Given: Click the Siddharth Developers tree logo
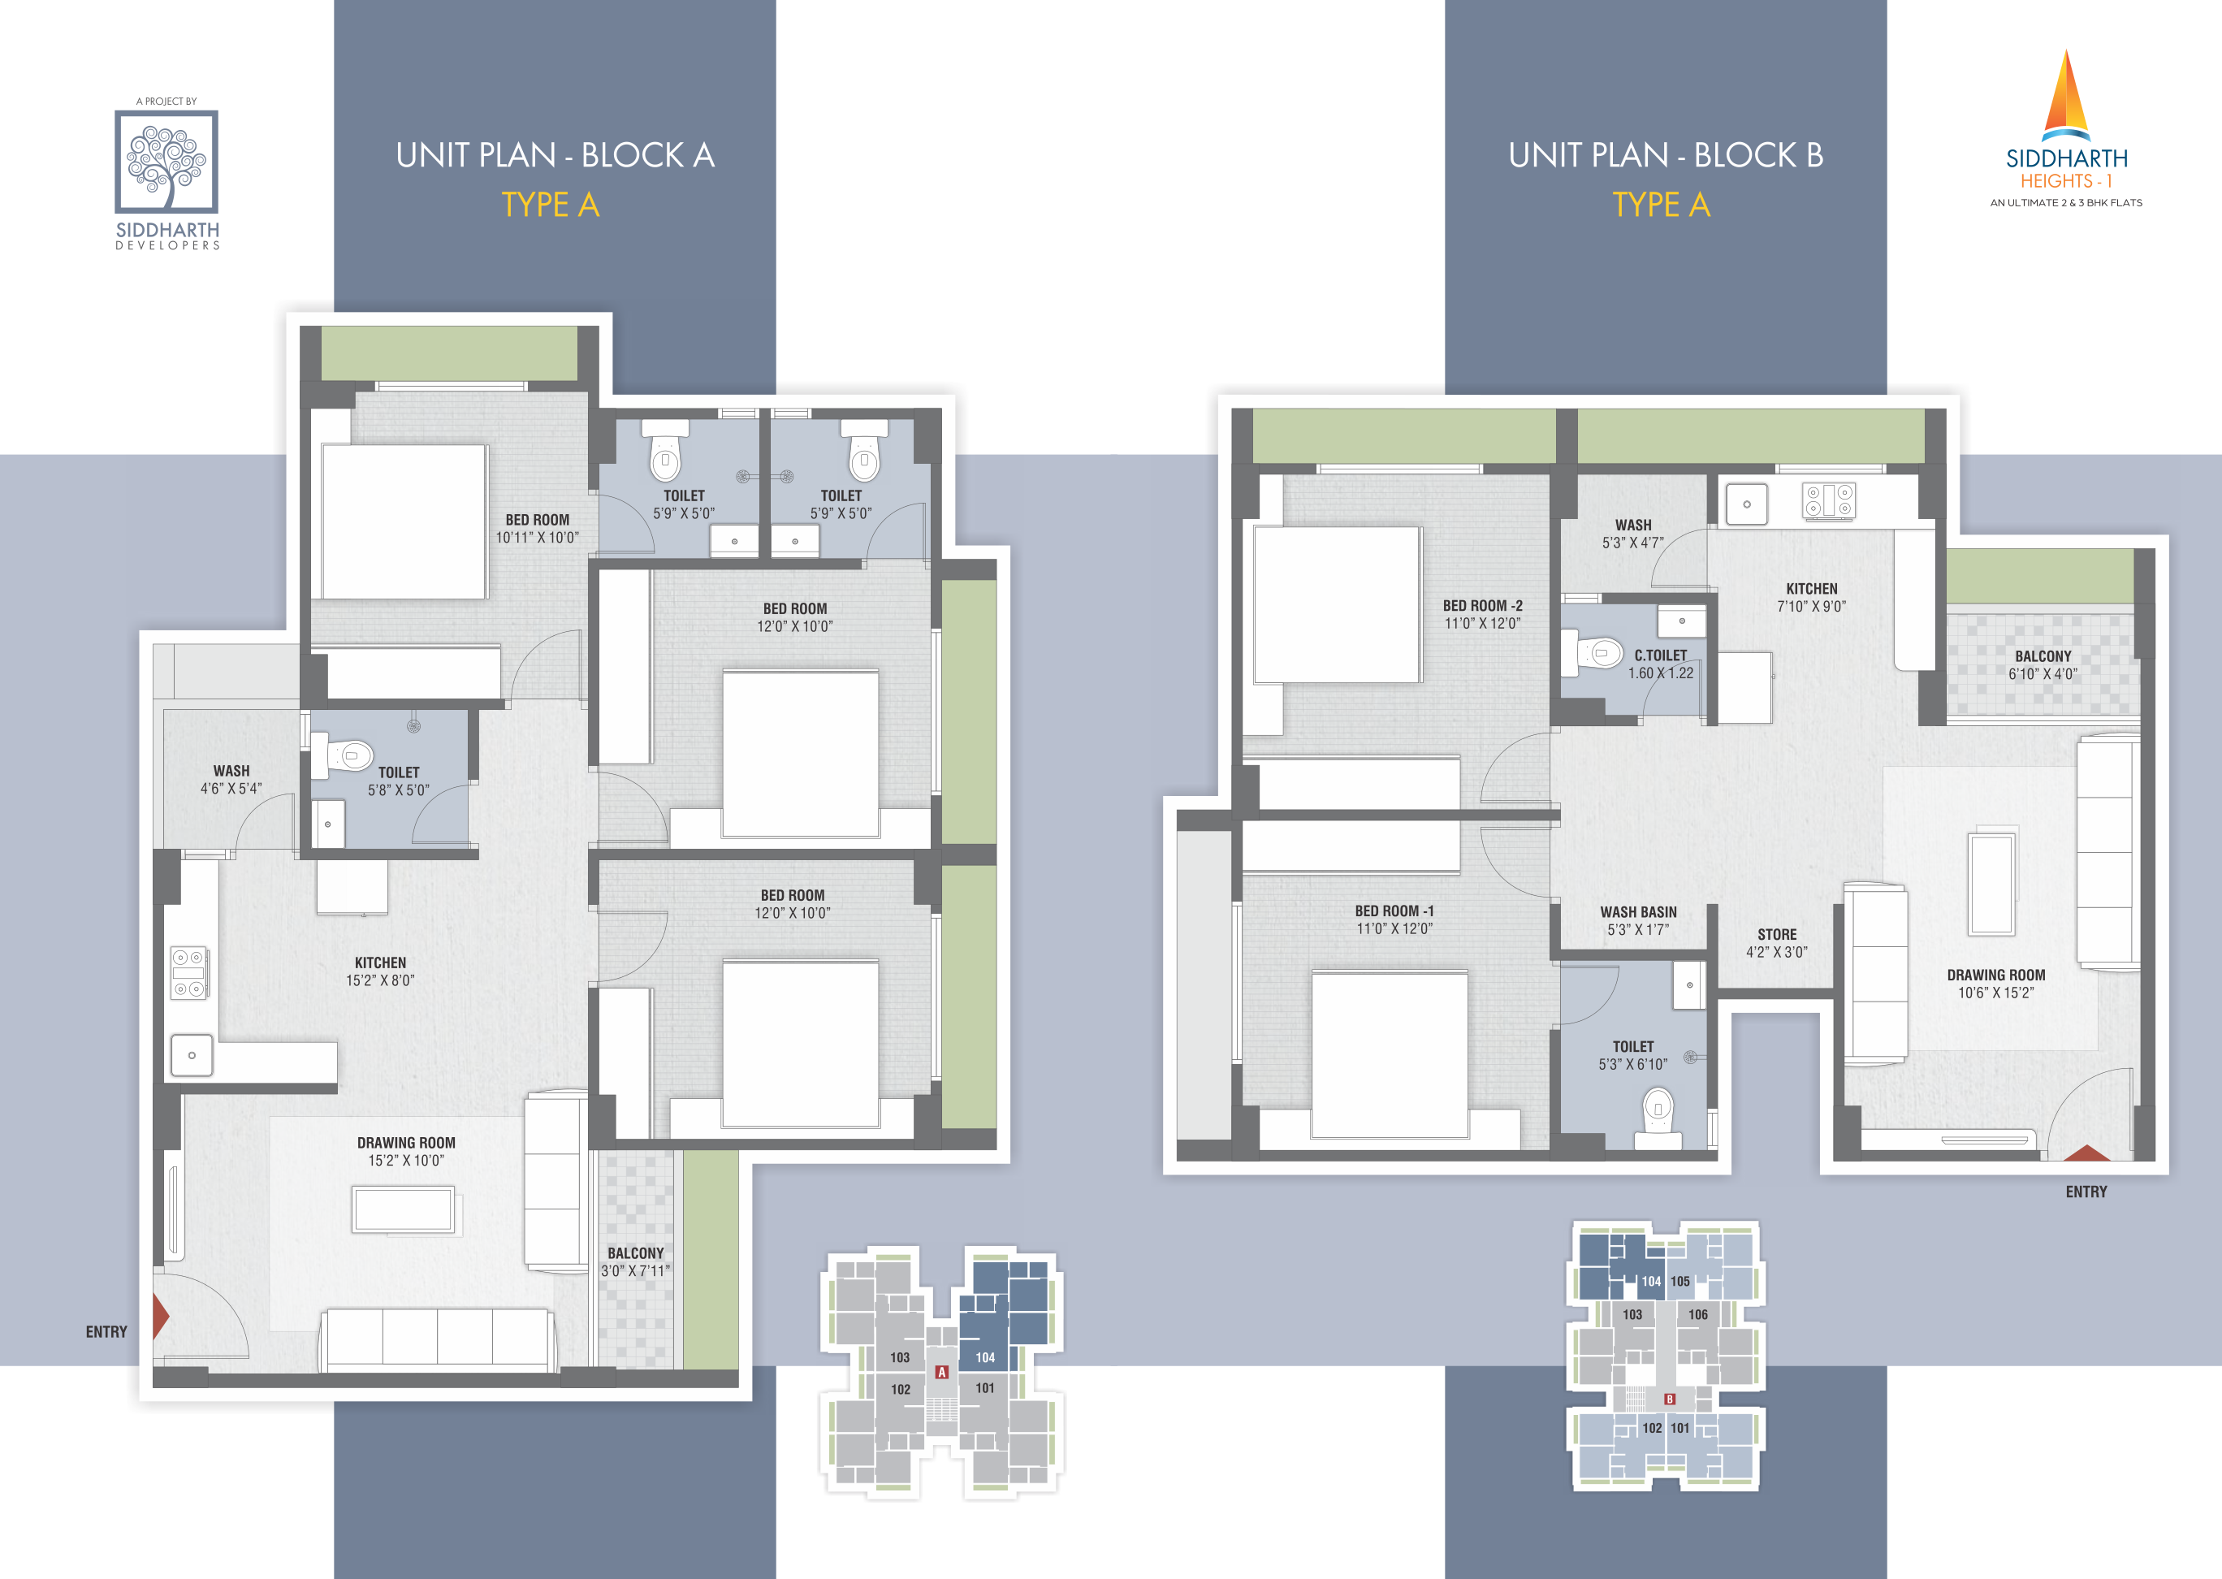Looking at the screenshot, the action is click(166, 162).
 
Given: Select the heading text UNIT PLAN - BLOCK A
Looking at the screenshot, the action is click(555, 156).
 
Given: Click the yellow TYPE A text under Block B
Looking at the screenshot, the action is click(1661, 205).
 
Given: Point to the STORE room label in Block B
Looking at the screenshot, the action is click(1777, 934).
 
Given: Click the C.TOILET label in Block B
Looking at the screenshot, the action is click(1660, 655).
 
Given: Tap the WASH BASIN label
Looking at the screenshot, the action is click(1639, 912).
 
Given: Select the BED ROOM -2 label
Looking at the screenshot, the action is click(1482, 606).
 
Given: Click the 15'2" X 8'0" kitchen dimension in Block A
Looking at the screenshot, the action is click(380, 980).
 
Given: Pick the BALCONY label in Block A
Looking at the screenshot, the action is click(636, 1253).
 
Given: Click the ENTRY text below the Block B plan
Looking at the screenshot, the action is click(2086, 1192).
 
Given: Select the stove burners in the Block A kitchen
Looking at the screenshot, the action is click(188, 973).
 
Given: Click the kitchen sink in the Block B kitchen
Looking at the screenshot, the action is click(1747, 504).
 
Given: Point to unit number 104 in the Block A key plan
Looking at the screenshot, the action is click(984, 1357).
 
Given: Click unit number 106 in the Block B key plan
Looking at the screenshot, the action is click(1698, 1314).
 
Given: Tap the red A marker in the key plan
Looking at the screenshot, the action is click(941, 1372).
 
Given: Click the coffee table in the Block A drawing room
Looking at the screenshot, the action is click(404, 1210).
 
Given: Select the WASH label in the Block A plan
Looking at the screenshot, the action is click(231, 771).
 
